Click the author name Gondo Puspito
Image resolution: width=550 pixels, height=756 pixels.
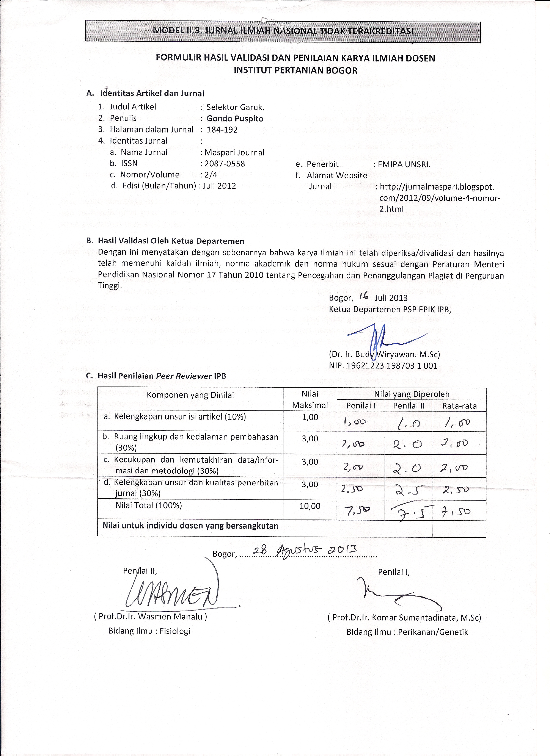coord(235,119)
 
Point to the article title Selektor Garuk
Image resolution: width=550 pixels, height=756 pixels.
coord(235,107)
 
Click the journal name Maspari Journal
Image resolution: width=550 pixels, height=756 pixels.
coord(234,152)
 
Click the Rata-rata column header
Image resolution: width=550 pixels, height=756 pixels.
coord(459,406)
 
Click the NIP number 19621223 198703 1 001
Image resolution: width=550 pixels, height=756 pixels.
coord(383,366)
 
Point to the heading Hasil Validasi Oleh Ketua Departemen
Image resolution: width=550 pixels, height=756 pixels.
coord(171,241)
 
